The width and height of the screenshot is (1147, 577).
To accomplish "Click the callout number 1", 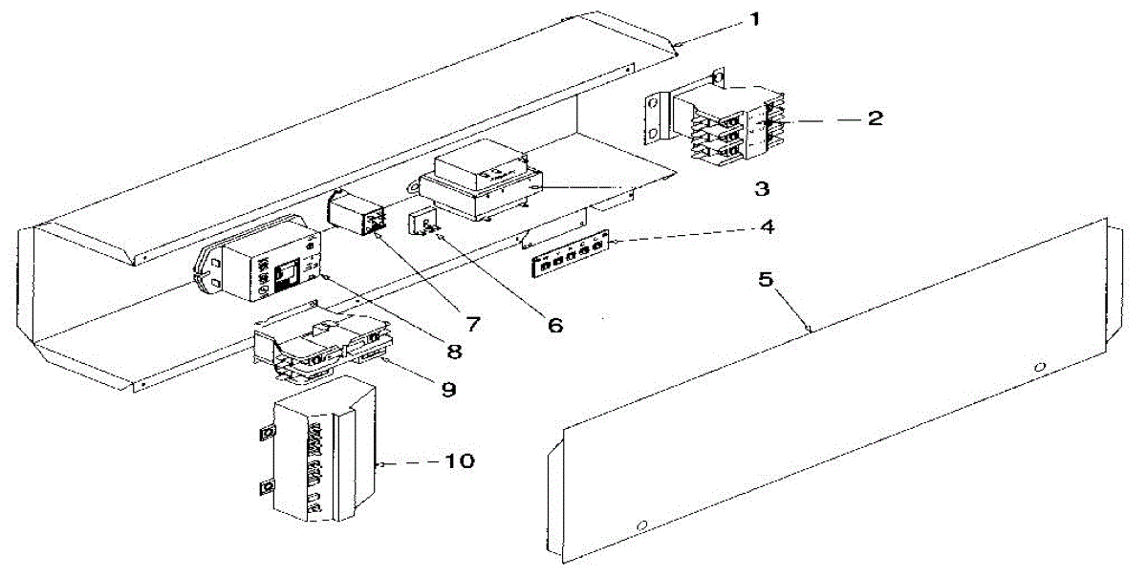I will pyautogui.click(x=755, y=19).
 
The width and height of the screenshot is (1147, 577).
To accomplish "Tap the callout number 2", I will pyautogui.click(x=875, y=119).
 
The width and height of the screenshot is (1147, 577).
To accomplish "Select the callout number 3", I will pyautogui.click(x=762, y=188).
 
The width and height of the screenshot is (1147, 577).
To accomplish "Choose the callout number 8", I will pyautogui.click(x=454, y=352).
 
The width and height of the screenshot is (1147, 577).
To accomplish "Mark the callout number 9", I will pyautogui.click(x=447, y=390).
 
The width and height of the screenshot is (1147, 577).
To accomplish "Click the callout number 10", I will pyautogui.click(x=459, y=461).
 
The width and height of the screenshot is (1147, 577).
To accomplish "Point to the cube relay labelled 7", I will pyautogui.click(x=355, y=212).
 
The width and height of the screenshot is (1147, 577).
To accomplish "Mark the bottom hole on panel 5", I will pyautogui.click(x=642, y=524).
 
